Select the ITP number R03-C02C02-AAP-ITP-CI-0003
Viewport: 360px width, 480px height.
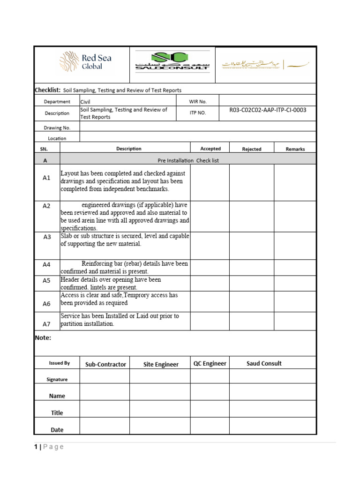pyautogui.click(x=268, y=110)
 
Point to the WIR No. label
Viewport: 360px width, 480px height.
pyautogui.click(x=198, y=101)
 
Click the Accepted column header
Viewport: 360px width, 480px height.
pyautogui.click(x=210, y=149)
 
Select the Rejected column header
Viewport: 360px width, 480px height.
pyautogui.click(x=251, y=149)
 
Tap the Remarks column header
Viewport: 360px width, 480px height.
pyautogui.click(x=295, y=149)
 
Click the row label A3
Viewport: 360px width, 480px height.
pyautogui.click(x=47, y=237)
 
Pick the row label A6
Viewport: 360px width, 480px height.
pyautogui.click(x=46, y=304)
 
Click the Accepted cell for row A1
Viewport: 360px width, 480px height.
pyautogui.click(x=210, y=181)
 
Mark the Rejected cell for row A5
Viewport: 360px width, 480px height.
pyautogui.click(x=251, y=283)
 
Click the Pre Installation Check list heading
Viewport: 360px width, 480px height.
pyautogui.click(x=188, y=160)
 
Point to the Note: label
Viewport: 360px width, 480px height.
pyautogui.click(x=43, y=337)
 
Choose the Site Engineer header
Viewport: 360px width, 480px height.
pyautogui.click(x=160, y=364)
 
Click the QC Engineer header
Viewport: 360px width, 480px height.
pyautogui.click(x=210, y=364)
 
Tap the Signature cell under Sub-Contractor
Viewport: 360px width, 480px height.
pyautogui.click(x=105, y=376)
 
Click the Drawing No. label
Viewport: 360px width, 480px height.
pyautogui.click(x=57, y=127)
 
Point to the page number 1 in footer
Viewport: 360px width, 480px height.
pyautogui.click(x=36, y=447)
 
